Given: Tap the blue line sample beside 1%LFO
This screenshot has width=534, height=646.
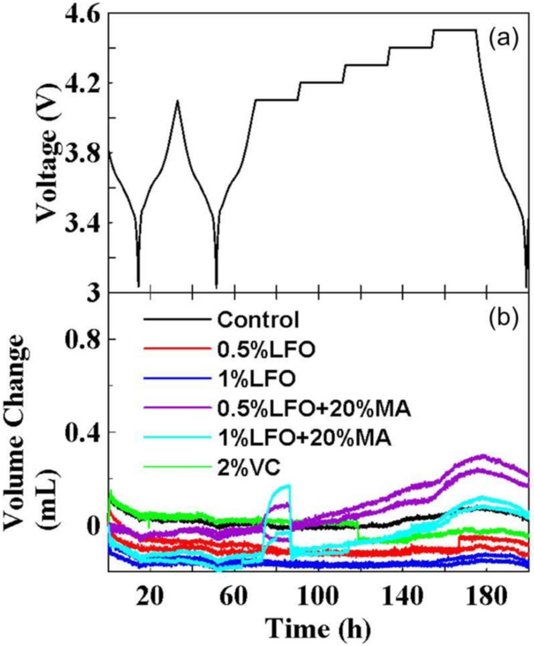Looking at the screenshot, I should pos(176,379).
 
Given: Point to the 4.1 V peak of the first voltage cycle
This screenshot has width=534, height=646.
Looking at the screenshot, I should pos(177,100).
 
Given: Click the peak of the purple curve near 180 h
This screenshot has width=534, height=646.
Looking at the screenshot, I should pos(483,456).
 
